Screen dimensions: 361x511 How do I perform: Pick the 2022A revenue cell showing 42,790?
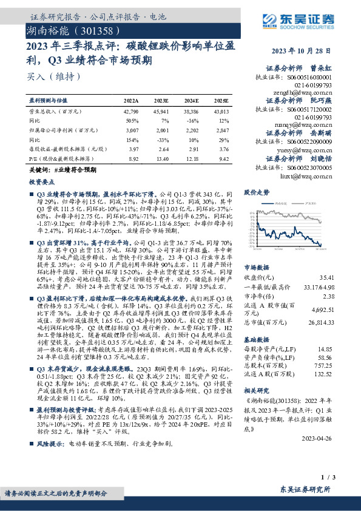click(x=131, y=112)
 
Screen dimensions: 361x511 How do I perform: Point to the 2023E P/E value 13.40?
click(x=161, y=158)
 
